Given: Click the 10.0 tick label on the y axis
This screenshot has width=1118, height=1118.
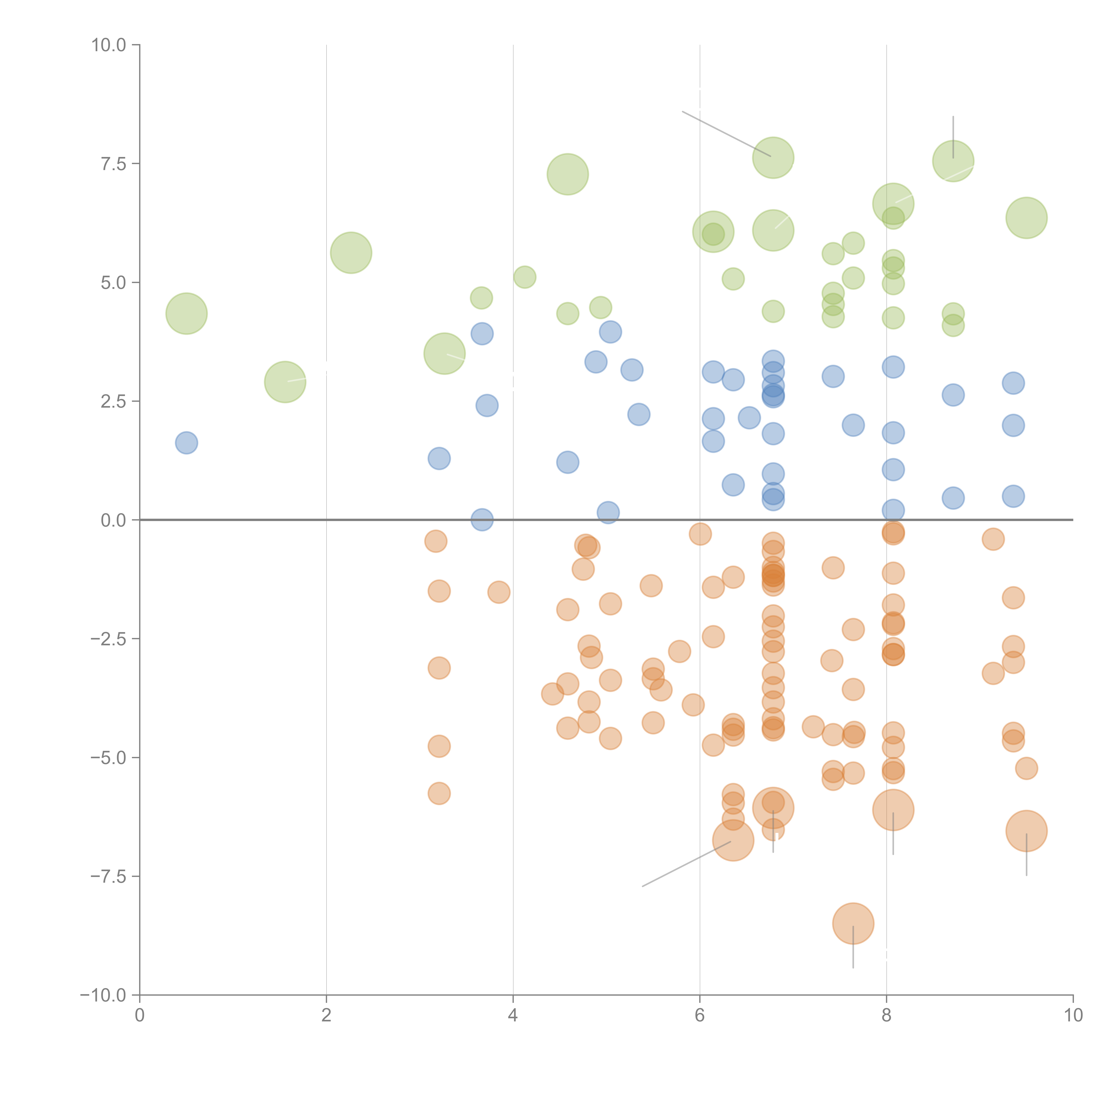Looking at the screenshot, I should (109, 45).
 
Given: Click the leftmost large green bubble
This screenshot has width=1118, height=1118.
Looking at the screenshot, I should (186, 314).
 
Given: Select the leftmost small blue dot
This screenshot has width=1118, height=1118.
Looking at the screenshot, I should (186, 443).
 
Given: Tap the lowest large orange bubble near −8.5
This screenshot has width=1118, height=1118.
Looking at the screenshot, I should (853, 923).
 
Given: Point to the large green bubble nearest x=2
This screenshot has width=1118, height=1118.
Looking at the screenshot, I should (351, 253).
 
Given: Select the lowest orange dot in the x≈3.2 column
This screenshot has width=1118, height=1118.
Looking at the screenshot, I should (439, 793).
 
